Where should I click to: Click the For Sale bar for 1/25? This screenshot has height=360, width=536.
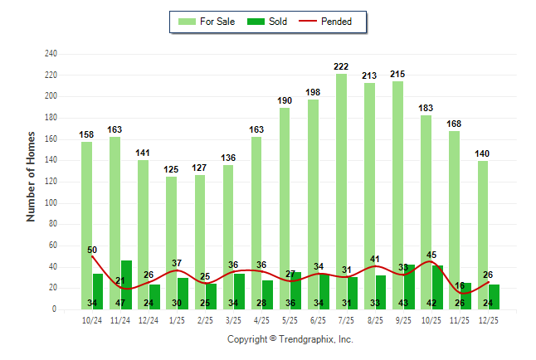coord(171,241)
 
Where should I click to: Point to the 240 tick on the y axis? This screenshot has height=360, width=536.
coord(51,54)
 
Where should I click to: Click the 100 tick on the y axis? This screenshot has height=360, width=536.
coord(51,203)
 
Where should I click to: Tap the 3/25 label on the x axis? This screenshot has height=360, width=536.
coord(233,320)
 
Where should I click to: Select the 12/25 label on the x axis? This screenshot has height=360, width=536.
coord(489,320)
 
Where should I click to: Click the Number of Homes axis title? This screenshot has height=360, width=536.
coord(32,176)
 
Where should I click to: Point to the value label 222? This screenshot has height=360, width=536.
coord(341,66)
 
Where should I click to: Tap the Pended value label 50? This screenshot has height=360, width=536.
coord(92,250)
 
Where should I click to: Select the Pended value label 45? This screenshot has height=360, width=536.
coord(431,255)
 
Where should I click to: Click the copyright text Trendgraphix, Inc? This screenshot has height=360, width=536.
coord(290,339)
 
